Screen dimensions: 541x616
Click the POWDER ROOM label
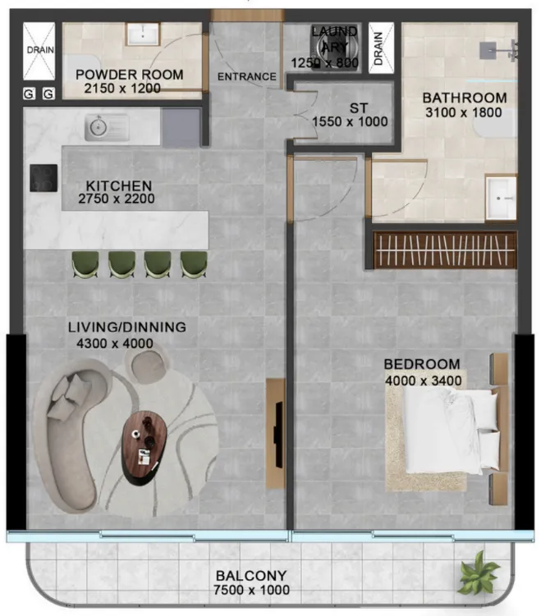tap(130, 75)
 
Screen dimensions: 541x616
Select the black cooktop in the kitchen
tap(44, 178)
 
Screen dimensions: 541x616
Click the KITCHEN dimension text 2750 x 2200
tap(117, 198)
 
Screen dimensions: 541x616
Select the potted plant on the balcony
tap(478, 573)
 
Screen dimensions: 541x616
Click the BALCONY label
tap(251, 576)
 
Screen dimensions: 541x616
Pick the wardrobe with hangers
tap(445, 250)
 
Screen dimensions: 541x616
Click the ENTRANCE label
tap(247, 76)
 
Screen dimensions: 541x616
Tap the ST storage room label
tap(359, 108)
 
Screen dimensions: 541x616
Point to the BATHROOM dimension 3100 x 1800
tap(464, 112)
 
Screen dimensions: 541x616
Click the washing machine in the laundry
tap(335, 48)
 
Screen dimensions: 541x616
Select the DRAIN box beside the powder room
tap(39, 51)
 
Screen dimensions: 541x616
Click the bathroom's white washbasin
tap(501, 198)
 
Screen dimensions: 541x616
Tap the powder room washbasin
tap(143, 34)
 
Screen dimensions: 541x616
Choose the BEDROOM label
tap(422, 364)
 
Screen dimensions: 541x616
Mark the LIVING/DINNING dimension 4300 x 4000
tap(115, 344)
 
